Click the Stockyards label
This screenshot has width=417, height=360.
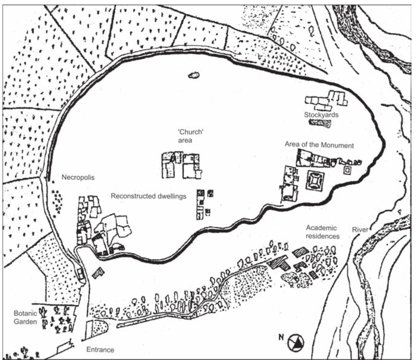coord(321,115)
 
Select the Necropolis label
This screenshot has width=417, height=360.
coord(78,177)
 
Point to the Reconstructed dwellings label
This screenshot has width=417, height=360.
coord(148,196)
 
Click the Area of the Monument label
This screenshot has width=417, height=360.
coord(319,145)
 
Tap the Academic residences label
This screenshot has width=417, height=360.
coord(322,232)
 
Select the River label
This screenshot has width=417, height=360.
coord(360,230)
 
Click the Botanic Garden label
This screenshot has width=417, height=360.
coord(25,317)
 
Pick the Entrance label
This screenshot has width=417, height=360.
coord(100,350)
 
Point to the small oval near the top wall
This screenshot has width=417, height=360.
coord(193,75)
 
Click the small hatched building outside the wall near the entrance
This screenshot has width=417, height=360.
coord(98,272)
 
